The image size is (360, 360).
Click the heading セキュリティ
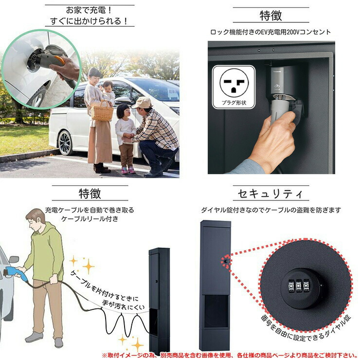click(x=270, y=194)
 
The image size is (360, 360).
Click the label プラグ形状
click(x=234, y=103)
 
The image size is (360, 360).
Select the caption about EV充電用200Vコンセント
click(x=270, y=32)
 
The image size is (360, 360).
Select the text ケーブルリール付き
click(x=90, y=219)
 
